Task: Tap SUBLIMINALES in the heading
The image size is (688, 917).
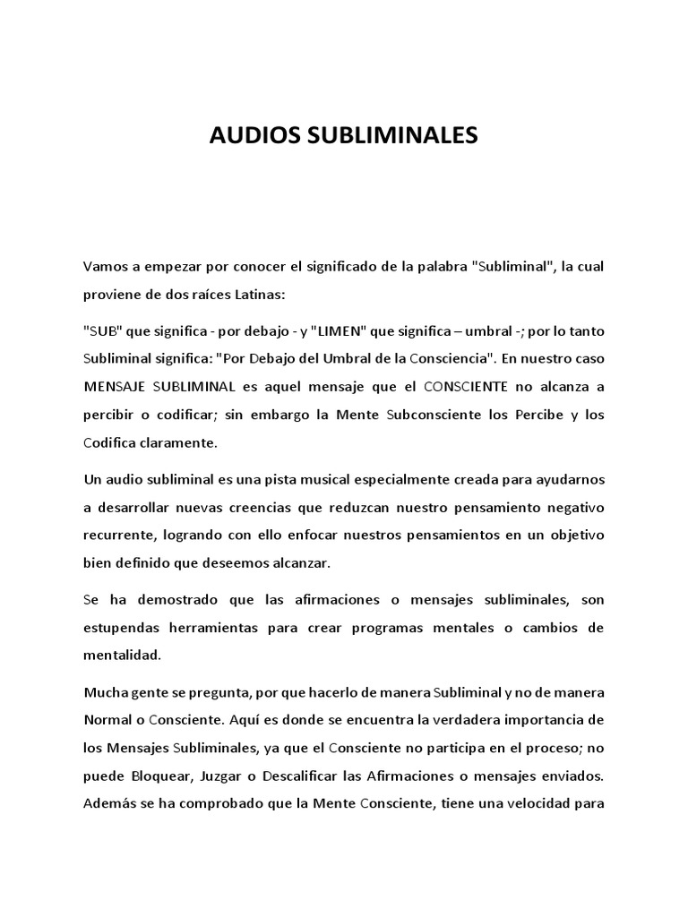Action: click(x=394, y=136)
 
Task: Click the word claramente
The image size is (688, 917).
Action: click(x=179, y=442)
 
